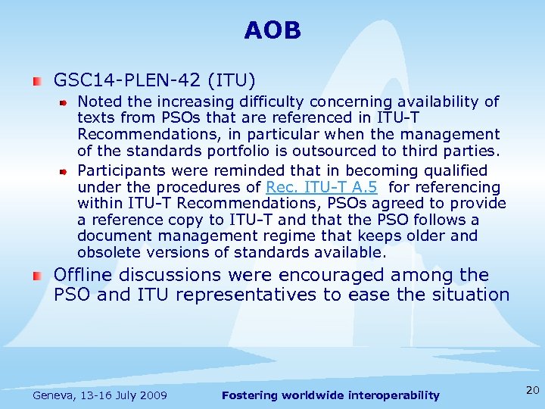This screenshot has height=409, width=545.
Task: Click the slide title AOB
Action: click(272, 31)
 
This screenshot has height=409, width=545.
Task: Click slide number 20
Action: click(532, 390)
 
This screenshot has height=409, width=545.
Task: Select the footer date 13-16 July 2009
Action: click(124, 395)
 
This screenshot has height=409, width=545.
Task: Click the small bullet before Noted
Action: click(66, 101)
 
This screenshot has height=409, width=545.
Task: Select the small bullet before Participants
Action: click(66, 171)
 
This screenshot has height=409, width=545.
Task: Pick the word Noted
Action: click(99, 101)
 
